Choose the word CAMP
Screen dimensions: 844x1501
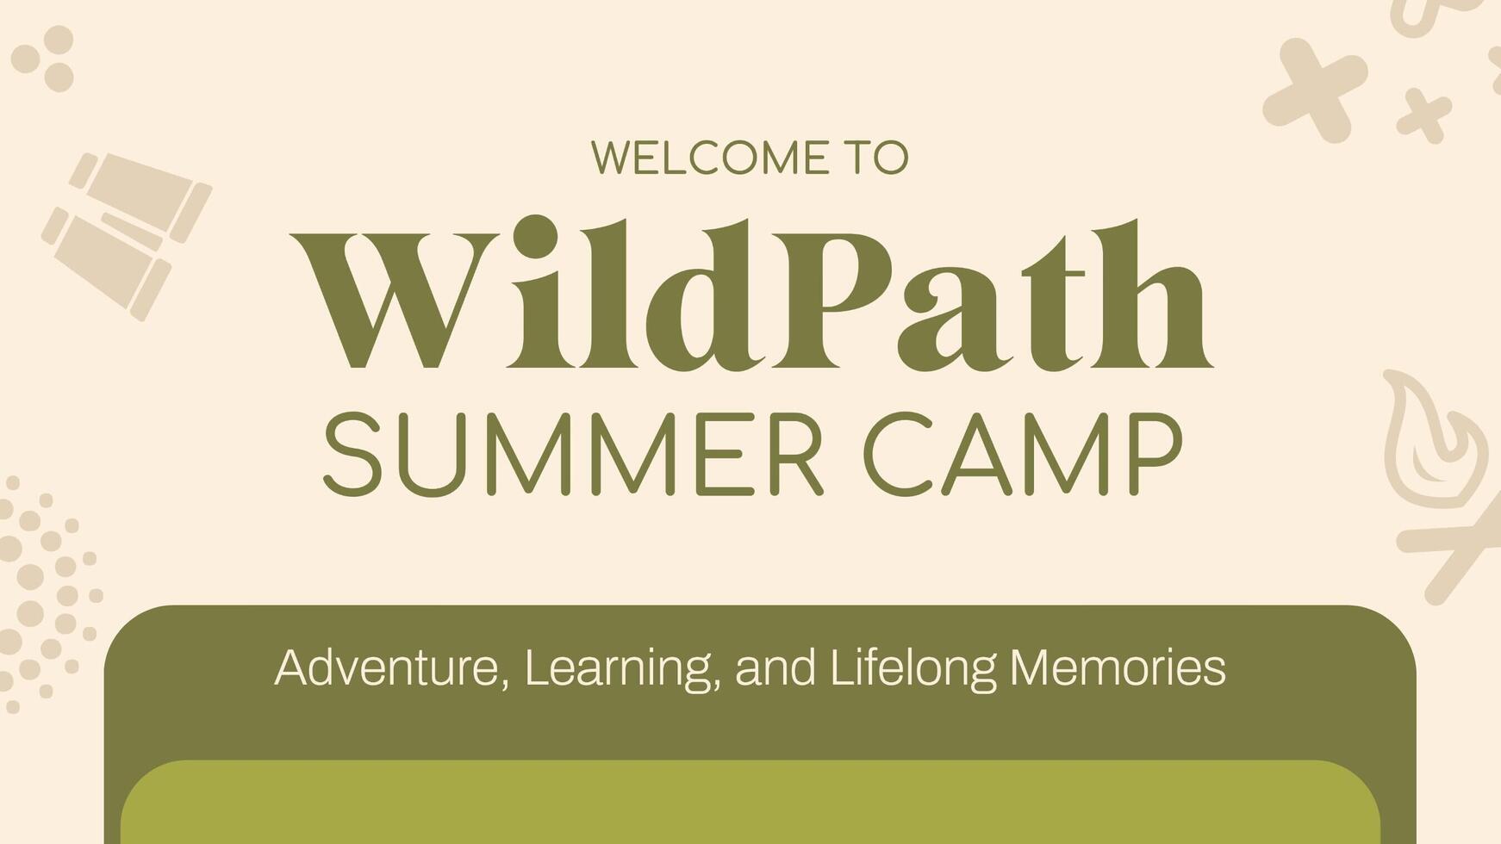click(1023, 454)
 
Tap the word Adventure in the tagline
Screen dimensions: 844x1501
click(387, 667)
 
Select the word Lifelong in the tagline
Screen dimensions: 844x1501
click(912, 667)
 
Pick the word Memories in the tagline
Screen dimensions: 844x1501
click(1118, 667)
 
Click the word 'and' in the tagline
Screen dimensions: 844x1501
click(775, 667)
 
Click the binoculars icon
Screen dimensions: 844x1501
click(127, 234)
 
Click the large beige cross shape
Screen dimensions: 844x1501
click(1314, 90)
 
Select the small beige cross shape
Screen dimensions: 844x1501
click(1423, 115)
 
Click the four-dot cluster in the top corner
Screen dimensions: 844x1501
click(44, 58)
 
